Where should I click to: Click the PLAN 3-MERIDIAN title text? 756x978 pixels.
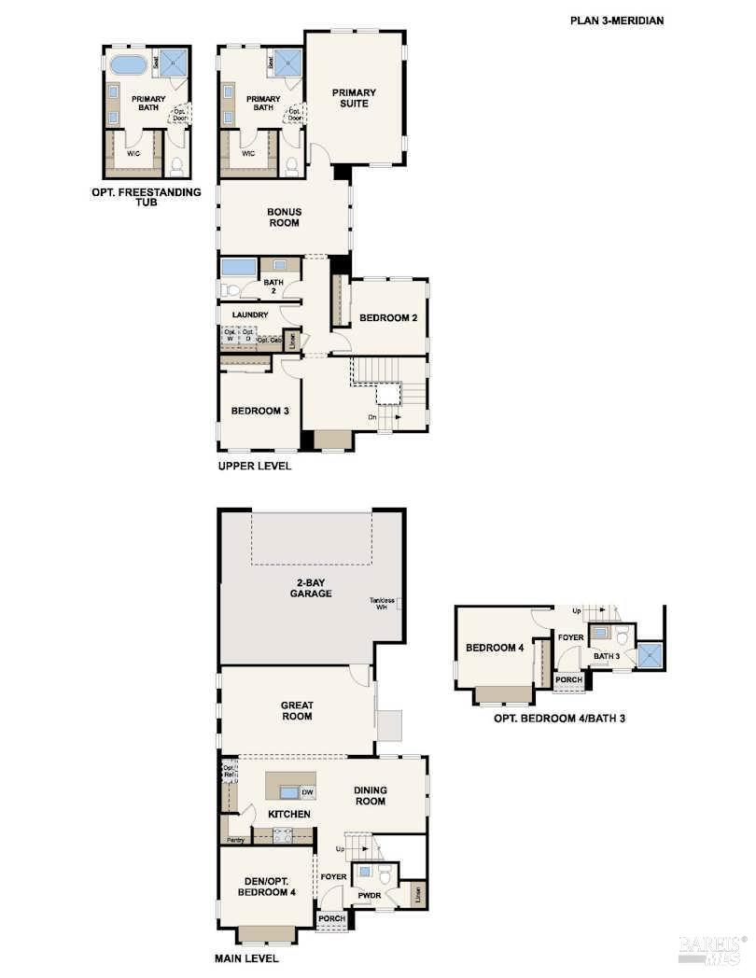pyautogui.click(x=617, y=20)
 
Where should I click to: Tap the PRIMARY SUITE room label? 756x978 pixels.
pyautogui.click(x=355, y=98)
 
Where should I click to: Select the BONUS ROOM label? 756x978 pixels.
pyautogui.click(x=284, y=217)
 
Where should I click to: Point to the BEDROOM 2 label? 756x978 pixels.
pyautogui.click(x=388, y=318)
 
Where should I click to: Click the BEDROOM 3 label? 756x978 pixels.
pyautogui.click(x=259, y=412)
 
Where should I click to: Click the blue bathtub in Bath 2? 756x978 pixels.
pyautogui.click(x=239, y=267)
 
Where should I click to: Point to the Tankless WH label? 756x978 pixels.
pyautogui.click(x=381, y=604)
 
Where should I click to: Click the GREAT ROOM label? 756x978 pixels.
pyautogui.click(x=297, y=711)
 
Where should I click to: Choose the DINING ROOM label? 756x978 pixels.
pyautogui.click(x=370, y=796)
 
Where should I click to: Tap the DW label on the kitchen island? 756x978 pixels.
pyautogui.click(x=306, y=792)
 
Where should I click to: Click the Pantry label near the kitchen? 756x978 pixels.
pyautogui.click(x=234, y=840)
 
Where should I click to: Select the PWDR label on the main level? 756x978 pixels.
pyautogui.click(x=369, y=896)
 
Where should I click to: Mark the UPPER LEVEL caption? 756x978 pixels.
pyautogui.click(x=254, y=466)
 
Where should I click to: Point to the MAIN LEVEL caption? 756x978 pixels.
pyautogui.click(x=247, y=957)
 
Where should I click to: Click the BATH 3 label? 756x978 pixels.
pyautogui.click(x=607, y=656)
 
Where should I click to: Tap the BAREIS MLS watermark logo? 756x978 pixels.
pyautogui.click(x=714, y=949)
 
